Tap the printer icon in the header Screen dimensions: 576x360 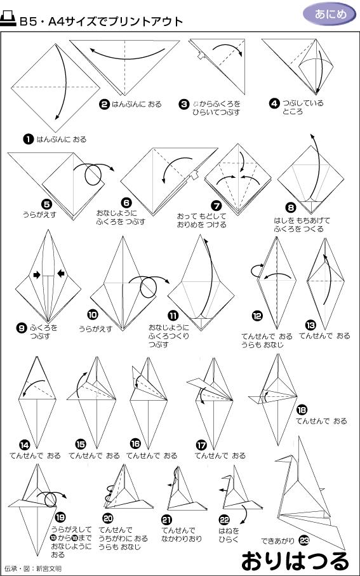tap(9, 20)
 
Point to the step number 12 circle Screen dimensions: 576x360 tap(256, 314)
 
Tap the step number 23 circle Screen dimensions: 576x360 tap(303, 540)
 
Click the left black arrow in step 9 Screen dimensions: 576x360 tap(37, 274)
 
